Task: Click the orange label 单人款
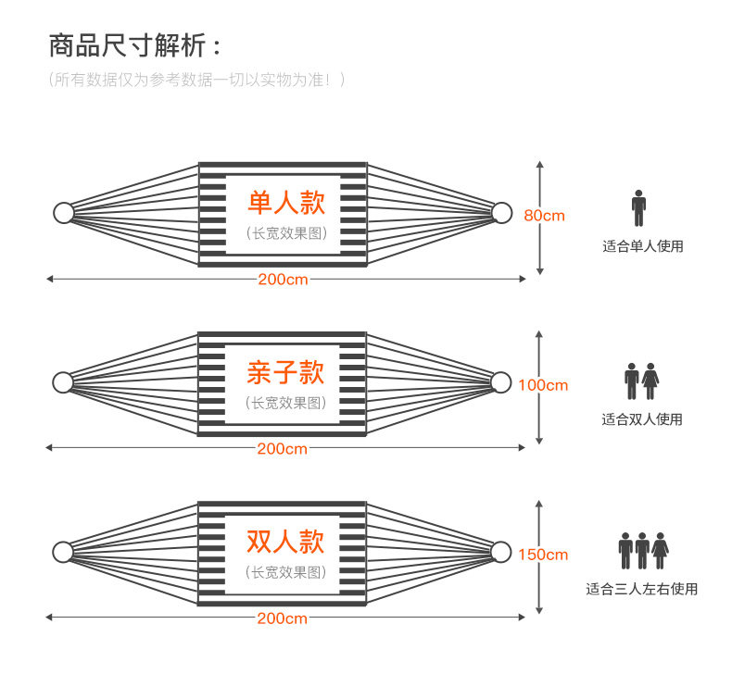(x=285, y=203)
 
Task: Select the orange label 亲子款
(x=285, y=372)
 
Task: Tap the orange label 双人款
(x=285, y=542)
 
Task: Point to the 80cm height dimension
(x=544, y=216)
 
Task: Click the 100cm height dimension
(x=543, y=385)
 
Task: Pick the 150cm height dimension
(x=543, y=555)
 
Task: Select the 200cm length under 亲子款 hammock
(x=283, y=449)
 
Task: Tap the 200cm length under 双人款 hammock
(x=283, y=618)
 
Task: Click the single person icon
(x=638, y=208)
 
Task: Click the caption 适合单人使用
(x=642, y=246)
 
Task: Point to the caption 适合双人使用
(x=642, y=419)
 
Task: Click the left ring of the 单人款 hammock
(x=63, y=213)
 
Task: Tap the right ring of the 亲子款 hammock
(x=500, y=381)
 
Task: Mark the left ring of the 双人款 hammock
(x=63, y=552)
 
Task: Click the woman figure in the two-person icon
(x=651, y=381)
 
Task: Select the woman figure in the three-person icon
(x=660, y=550)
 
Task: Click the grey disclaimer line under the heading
(x=197, y=80)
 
